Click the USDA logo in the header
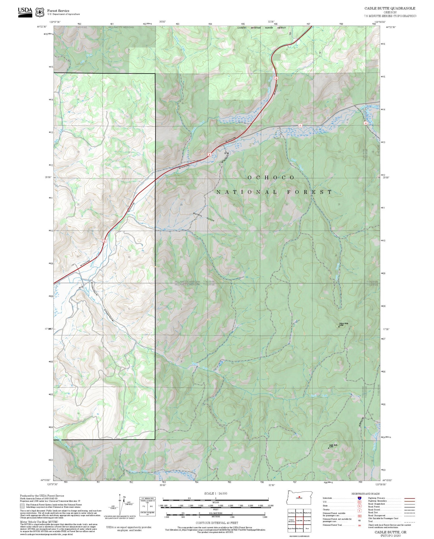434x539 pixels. click(25, 12)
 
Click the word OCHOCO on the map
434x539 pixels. click(271, 177)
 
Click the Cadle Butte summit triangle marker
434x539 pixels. click(328, 448)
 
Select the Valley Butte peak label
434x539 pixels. click(343, 323)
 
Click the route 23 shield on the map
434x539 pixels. click(300, 125)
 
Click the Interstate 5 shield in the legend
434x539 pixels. click(359, 498)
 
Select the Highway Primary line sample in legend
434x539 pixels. click(409, 498)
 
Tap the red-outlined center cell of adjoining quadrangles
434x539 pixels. click(299, 520)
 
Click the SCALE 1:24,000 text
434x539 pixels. click(216, 494)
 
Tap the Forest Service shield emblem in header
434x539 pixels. click(40, 12)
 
